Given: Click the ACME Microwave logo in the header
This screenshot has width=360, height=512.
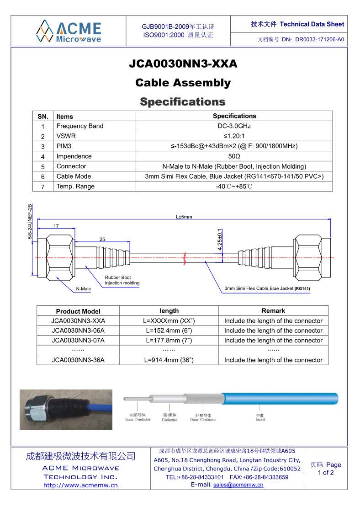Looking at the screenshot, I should coord(69,31).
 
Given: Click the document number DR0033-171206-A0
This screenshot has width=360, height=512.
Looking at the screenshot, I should coord(320,39).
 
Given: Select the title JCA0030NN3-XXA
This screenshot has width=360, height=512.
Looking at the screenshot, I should coord(183,64).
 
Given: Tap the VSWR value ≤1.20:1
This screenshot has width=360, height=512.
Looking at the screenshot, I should coord(234,136).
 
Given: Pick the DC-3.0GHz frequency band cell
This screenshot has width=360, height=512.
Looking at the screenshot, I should coord(234,126).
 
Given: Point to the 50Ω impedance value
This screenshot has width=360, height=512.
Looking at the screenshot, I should coord(234,156).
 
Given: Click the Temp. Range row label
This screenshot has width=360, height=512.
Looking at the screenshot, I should coord(75,187).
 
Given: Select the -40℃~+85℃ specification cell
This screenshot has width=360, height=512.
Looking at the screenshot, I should coord(234,187).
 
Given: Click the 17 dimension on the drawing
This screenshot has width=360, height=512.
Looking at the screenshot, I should coord(56,226).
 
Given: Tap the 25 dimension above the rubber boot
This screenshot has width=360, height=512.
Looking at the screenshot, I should coord(102,239).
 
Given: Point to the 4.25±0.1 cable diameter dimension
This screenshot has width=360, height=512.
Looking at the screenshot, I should coord(220,239).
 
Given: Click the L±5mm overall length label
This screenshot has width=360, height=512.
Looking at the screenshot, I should coord(184,217).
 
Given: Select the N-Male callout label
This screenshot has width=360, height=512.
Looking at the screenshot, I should coord(83,289).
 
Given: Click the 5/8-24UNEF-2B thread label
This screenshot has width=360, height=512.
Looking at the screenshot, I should coord(30,221).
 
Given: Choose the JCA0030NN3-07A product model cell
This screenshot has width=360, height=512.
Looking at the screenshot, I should coord(78,341).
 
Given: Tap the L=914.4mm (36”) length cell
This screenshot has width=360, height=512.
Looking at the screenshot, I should coord(169,360).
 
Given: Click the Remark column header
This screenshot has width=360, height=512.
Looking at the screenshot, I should coord(273,311).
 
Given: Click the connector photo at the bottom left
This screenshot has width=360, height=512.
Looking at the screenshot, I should coord(66,410).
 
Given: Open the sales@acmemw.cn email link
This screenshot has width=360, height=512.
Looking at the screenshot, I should coord(238,485).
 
